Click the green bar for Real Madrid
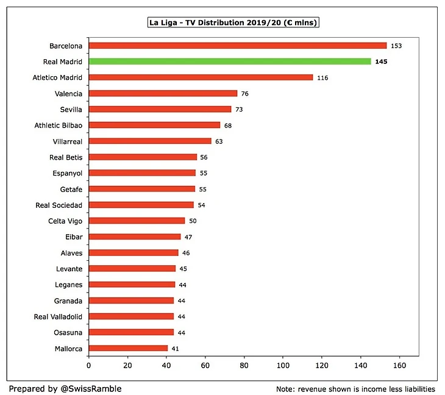coord(230,62)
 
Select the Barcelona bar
coord(238,46)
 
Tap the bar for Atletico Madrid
coord(201,77)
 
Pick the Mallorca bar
coord(129,348)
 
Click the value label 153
coord(396,46)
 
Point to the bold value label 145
coord(381,62)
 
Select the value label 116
coord(322,78)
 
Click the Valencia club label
coord(68,93)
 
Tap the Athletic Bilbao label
coord(59,125)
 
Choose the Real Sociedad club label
coord(59,205)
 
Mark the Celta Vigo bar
coord(137,221)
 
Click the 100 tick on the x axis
coord(283,365)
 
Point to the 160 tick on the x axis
coord(400,365)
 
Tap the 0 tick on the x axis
coord(89,365)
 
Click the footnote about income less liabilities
coord(355,389)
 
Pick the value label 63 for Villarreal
coord(219,141)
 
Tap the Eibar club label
coord(73,237)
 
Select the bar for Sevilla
coord(160,109)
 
